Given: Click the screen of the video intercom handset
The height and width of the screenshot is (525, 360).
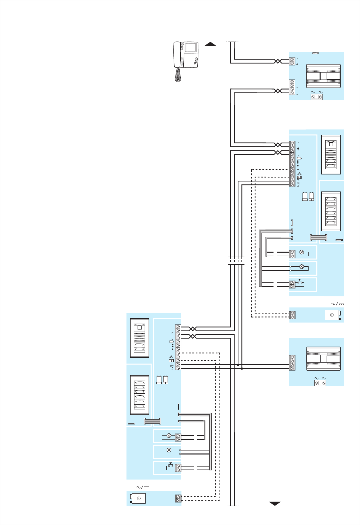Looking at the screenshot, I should pos(191,47).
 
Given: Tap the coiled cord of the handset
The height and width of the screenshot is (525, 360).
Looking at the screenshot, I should pos(178,75).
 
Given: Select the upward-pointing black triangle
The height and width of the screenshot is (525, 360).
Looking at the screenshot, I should pos(210,43).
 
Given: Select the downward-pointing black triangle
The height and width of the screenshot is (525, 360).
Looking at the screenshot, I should pos(275,504).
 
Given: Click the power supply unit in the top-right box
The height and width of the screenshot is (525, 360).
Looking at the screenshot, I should pos(323,76).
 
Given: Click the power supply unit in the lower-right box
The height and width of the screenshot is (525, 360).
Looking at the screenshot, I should pos(323,359).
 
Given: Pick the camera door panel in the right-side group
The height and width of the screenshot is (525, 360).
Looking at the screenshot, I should pos(331,154).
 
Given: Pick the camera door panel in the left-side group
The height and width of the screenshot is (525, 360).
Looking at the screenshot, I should pos(140,338).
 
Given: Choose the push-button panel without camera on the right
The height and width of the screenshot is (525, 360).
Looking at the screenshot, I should pos(331,211).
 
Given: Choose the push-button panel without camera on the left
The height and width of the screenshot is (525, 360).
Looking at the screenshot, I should pos(140,395).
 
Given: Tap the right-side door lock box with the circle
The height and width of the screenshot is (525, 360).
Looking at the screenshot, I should pos(333,315).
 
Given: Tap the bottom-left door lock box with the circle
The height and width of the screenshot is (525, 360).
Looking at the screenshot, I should pos(138,498).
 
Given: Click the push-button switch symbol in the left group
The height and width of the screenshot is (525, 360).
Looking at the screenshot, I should pos(170,465).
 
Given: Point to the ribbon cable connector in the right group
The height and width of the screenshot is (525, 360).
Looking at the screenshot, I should pos(318,238).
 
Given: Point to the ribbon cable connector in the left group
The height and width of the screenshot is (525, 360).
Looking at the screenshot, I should pos(152,421).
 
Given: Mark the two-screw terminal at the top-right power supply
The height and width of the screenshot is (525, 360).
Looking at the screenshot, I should pos(317,97).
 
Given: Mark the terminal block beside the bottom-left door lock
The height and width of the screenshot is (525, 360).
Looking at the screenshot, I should pos(178,498).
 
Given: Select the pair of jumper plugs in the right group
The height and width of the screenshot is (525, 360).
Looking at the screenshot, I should pos(308,196).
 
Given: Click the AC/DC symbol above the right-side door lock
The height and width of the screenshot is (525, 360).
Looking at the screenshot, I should pos(337,304).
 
